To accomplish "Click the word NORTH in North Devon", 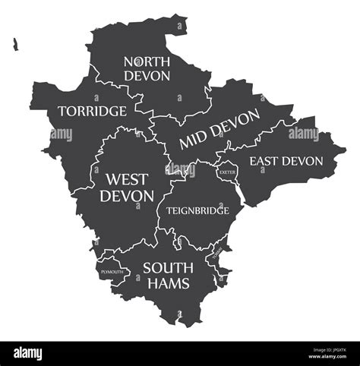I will (148, 61).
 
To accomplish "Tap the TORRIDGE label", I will (92, 111).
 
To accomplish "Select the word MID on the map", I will (193, 141).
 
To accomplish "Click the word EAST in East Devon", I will (266, 161).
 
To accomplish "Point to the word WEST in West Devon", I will (127, 179).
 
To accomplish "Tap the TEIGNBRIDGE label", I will (197, 210).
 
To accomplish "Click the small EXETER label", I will (226, 172).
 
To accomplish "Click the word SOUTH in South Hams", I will (168, 267).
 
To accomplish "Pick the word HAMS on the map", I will (168, 283).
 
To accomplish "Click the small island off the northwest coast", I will (14, 46).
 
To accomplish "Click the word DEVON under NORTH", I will (148, 77).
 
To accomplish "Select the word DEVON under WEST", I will (127, 195).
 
